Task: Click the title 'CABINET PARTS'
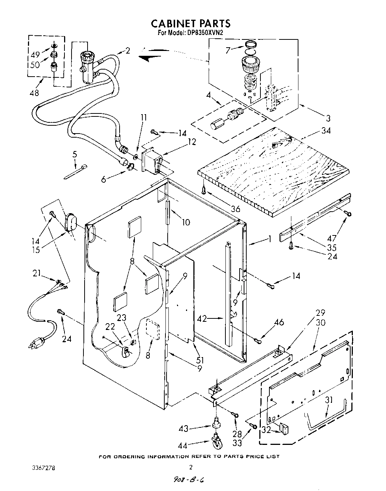pyautogui.click(x=190, y=23)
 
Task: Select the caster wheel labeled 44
pyautogui.click(x=217, y=442)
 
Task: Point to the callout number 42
pyautogui.click(x=201, y=318)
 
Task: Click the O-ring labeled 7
pyautogui.click(x=251, y=45)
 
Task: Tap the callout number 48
pyautogui.click(x=34, y=93)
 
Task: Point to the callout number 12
pyautogui.click(x=192, y=142)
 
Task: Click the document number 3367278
pyautogui.click(x=44, y=467)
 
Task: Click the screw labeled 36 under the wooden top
pyautogui.click(x=203, y=190)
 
